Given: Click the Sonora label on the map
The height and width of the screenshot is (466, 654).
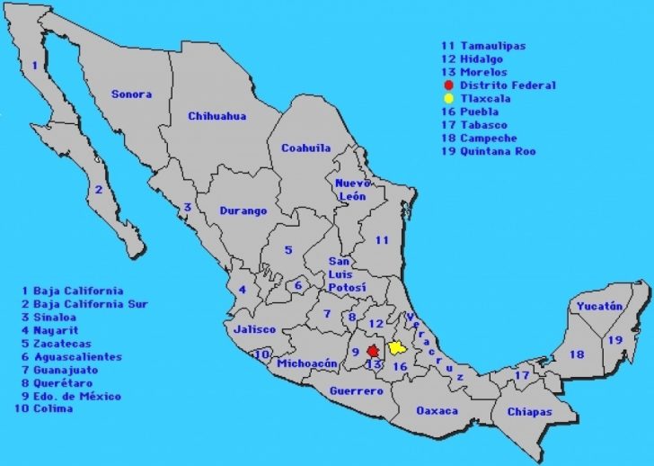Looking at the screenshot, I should click(131, 94).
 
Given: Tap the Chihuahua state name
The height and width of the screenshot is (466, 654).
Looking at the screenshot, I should click(217, 116).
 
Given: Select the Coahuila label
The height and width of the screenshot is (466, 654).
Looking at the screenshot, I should click(305, 148).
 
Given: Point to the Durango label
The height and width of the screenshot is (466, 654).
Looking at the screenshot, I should click(243, 211).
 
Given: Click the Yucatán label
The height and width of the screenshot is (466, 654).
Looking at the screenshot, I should click(599, 306).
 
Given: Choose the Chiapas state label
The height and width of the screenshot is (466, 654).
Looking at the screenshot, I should click(529, 412).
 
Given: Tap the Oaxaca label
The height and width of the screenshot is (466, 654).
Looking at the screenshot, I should click(437, 411).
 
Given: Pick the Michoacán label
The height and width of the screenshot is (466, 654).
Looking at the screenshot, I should click(307, 363).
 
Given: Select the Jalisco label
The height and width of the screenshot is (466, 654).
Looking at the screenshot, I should click(254, 329).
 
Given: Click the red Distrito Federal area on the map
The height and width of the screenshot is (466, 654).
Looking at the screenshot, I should click(372, 351).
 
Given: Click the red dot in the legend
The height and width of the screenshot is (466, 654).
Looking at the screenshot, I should click(448, 85).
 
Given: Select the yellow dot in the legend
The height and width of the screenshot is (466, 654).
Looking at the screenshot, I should click(448, 99).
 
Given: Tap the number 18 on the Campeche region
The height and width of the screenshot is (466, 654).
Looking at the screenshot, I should click(577, 354).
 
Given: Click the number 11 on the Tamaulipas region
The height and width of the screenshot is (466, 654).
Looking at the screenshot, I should click(382, 240).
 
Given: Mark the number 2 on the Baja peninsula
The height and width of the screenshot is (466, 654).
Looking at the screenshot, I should click(98, 190).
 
